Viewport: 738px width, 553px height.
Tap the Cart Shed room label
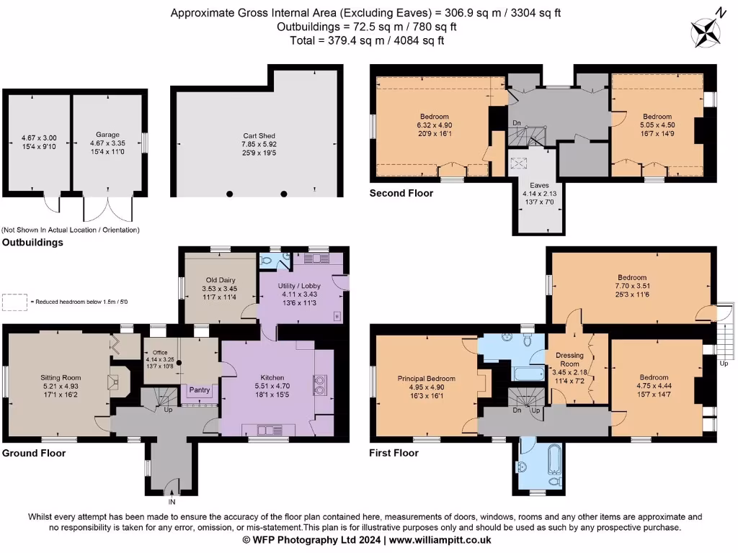click(x=258, y=135)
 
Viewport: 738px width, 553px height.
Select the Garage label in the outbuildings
click(x=107, y=134)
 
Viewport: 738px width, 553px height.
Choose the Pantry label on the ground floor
click(x=200, y=390)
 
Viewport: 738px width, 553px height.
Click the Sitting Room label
click(x=61, y=377)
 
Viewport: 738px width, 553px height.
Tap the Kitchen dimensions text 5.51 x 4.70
click(x=272, y=387)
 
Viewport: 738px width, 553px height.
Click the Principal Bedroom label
click(x=426, y=379)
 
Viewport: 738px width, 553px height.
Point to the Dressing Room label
click(x=569, y=359)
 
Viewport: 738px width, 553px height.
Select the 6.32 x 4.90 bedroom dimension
click(x=435, y=125)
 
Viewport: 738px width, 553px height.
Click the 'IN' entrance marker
click(x=172, y=501)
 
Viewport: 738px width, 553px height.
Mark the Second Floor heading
click(x=401, y=193)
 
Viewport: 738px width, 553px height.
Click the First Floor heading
click(x=394, y=453)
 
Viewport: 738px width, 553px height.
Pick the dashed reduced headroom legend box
click(x=13, y=302)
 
